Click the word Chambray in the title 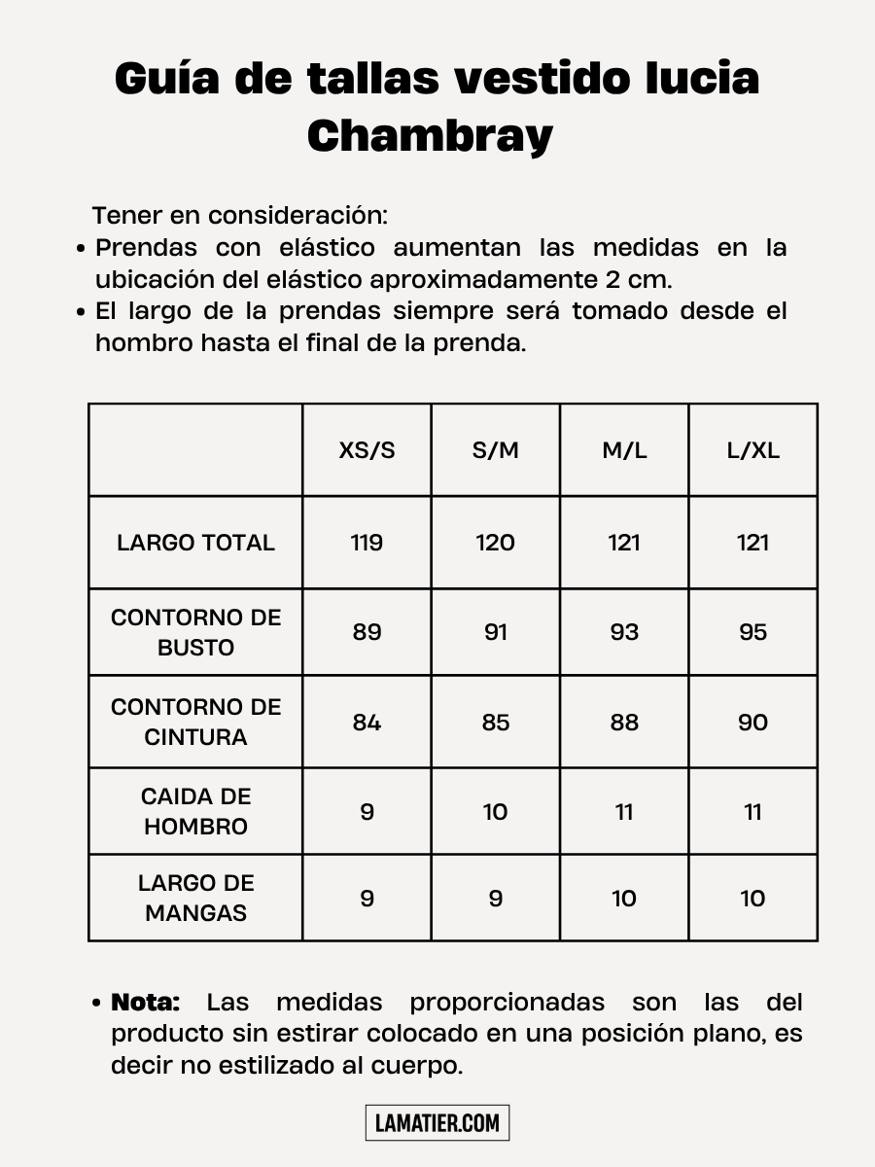click(x=430, y=136)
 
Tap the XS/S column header click(x=367, y=450)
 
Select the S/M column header click(x=495, y=450)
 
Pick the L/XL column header click(x=752, y=450)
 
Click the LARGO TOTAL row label click(x=195, y=543)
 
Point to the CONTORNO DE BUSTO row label click(x=195, y=632)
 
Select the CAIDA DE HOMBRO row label click(x=195, y=811)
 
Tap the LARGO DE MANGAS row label click(x=195, y=898)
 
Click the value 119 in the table click(x=367, y=543)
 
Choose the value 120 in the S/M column click(x=495, y=543)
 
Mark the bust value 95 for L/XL click(x=752, y=632)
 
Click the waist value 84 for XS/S click(x=367, y=723)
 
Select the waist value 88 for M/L click(x=624, y=723)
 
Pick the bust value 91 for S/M click(x=495, y=632)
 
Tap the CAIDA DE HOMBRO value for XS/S click(x=367, y=812)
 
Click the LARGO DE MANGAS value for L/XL click(x=752, y=899)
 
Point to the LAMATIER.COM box click(x=437, y=1123)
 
